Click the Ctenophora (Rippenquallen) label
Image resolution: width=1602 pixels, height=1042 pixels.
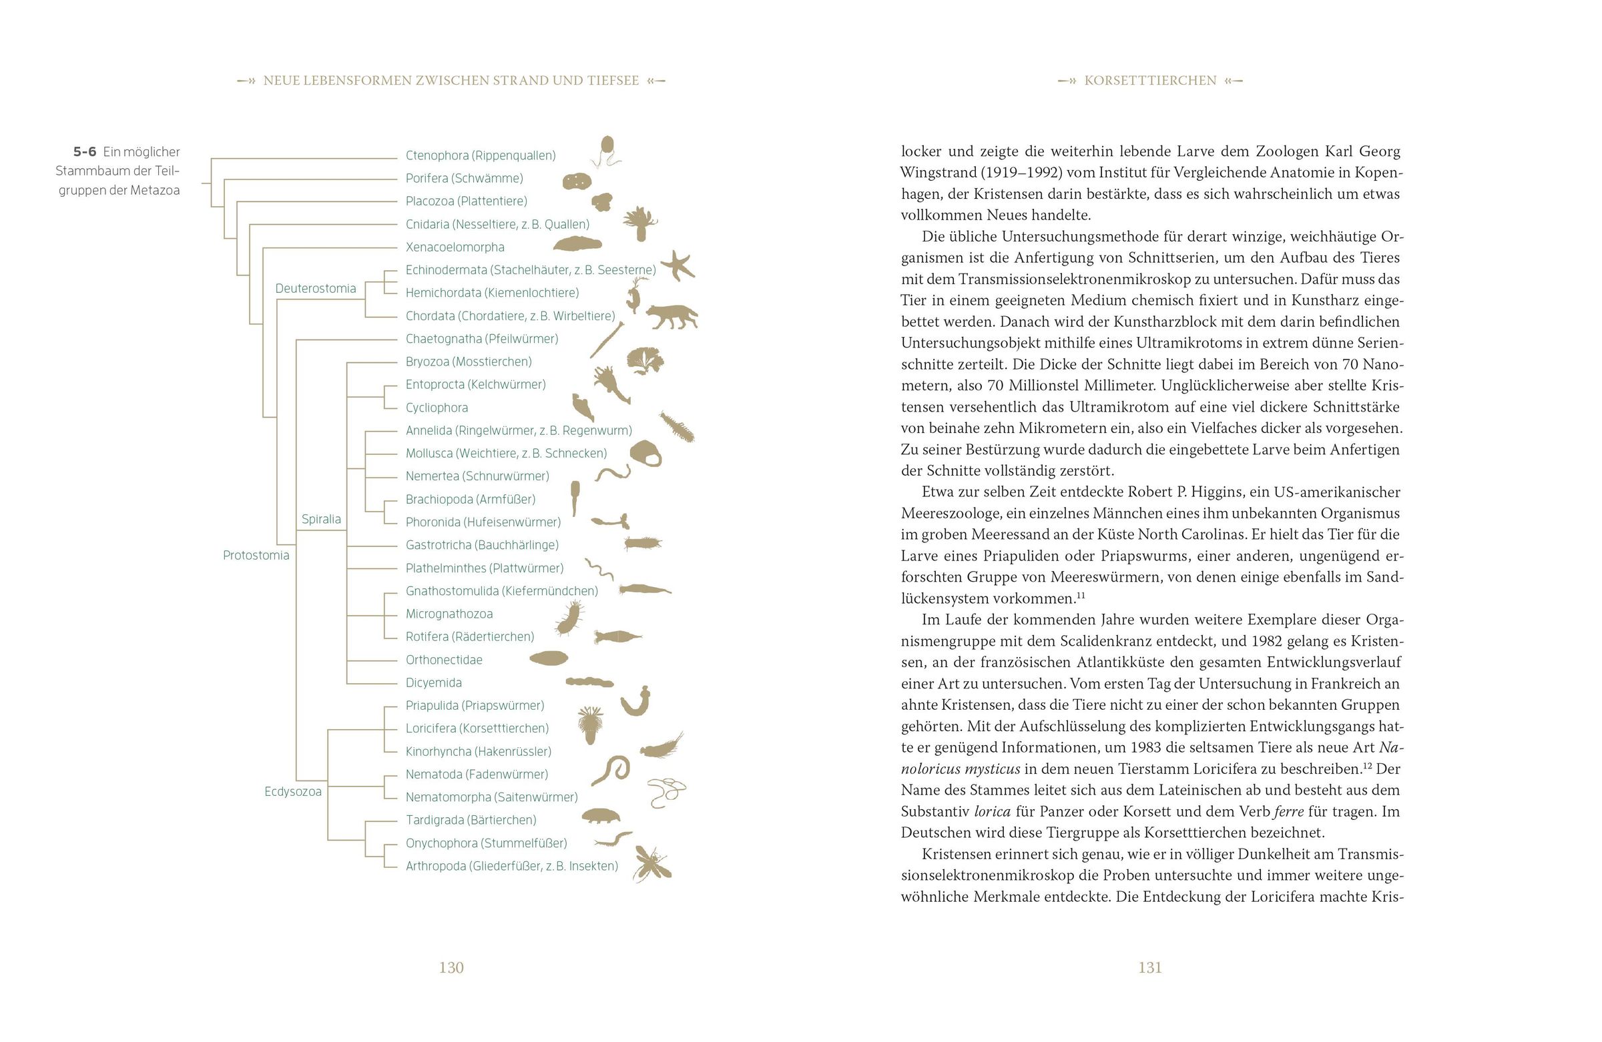pos(480,155)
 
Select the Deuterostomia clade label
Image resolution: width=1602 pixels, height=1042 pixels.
pos(315,289)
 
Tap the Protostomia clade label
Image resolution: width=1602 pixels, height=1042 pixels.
pos(256,555)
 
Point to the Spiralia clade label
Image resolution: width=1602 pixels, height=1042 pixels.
pos(321,518)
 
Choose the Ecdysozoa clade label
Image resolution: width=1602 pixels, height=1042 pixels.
pos(293,791)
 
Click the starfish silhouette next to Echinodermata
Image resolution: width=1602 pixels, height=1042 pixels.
pos(678,265)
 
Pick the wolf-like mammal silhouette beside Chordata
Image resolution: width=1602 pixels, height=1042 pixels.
pos(670,316)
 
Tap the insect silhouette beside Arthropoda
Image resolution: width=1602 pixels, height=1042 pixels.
pos(651,864)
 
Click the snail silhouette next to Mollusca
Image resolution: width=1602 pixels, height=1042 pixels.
pos(646,454)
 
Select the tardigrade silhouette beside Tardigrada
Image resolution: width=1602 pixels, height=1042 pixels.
pos(599,816)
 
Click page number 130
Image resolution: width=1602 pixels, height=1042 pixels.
pos(451,967)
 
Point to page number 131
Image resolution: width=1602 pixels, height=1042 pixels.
pos(1149,967)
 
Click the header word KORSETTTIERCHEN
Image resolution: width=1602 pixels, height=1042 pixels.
pos(1149,81)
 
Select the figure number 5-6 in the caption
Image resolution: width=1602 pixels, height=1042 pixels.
pos(85,152)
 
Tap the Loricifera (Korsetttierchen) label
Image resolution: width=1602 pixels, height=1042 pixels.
pos(477,728)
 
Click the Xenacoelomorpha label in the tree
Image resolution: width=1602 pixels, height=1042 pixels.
pos(455,247)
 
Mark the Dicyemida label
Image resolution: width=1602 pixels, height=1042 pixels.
pos(433,683)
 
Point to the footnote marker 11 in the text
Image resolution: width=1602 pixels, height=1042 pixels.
pos(1080,595)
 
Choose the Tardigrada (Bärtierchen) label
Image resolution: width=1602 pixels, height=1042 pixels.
pos(471,820)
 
